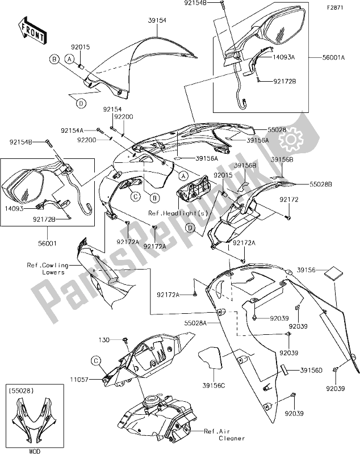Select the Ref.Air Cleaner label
tap(224, 434)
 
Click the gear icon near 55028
tap(289, 138)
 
